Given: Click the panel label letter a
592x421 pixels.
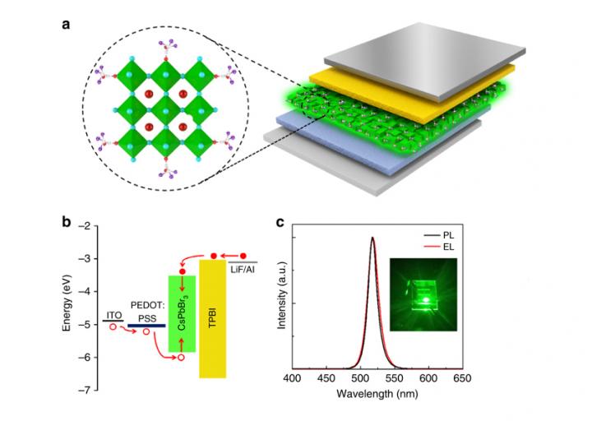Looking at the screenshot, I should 67,23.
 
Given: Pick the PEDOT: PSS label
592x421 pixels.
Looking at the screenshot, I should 147,303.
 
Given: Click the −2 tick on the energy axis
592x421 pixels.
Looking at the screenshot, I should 86,226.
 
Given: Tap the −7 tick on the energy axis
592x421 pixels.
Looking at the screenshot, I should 86,389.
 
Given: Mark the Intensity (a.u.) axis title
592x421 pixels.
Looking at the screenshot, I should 282,302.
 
